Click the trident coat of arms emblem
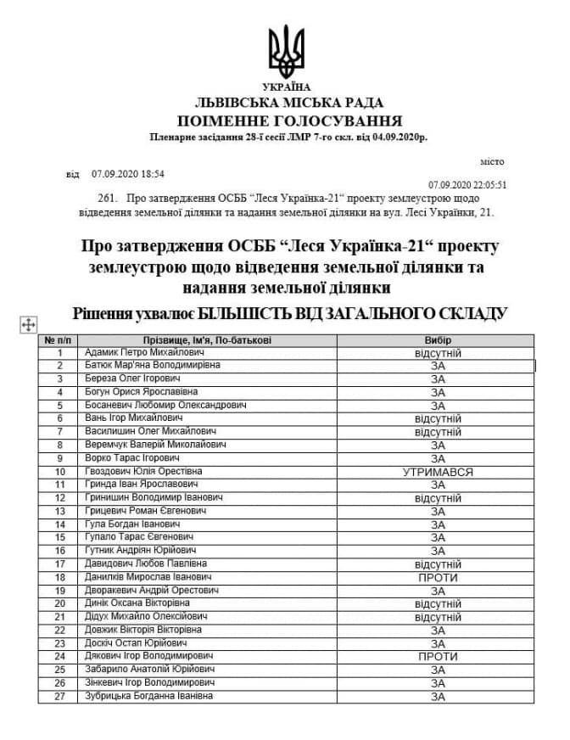[x=286, y=50]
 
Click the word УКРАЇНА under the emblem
[x=286, y=87]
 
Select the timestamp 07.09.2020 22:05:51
[x=467, y=183]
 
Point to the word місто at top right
[x=492, y=161]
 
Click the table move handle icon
[x=27, y=323]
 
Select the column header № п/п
[x=59, y=339]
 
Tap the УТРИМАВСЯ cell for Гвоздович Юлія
[x=438, y=472]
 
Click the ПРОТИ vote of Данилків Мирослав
[x=438, y=577]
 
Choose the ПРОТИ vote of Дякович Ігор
[x=438, y=657]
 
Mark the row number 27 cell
[x=59, y=697]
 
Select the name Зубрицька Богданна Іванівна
[x=148, y=697]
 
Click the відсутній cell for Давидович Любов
[x=438, y=564]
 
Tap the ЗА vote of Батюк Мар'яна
[x=438, y=366]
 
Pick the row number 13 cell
[x=59, y=512]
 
